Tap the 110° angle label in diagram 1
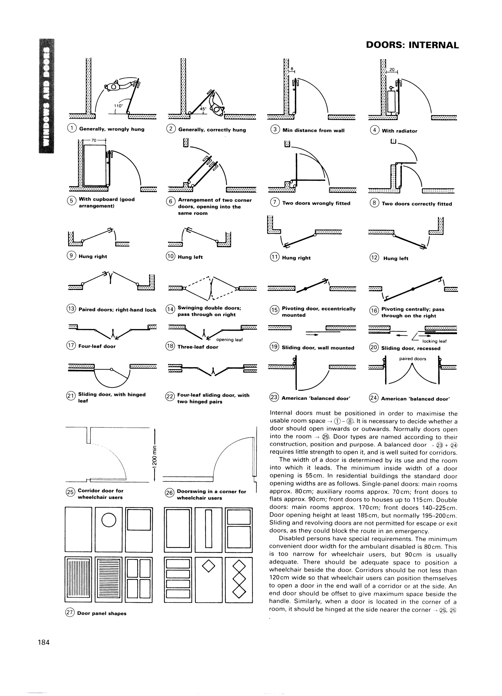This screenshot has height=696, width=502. point(118,106)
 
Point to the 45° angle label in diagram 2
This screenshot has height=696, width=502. point(203,109)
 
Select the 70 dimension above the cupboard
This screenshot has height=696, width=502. point(94,140)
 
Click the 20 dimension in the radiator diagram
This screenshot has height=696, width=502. point(392,70)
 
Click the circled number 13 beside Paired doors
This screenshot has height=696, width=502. point(71,309)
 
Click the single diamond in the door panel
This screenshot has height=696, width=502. point(209,566)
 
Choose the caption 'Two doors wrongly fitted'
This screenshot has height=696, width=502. point(316,203)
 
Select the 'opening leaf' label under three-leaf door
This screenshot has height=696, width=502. point(229,340)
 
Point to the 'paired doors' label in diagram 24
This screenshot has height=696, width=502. point(413,359)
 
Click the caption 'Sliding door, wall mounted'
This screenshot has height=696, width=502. point(318,348)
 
